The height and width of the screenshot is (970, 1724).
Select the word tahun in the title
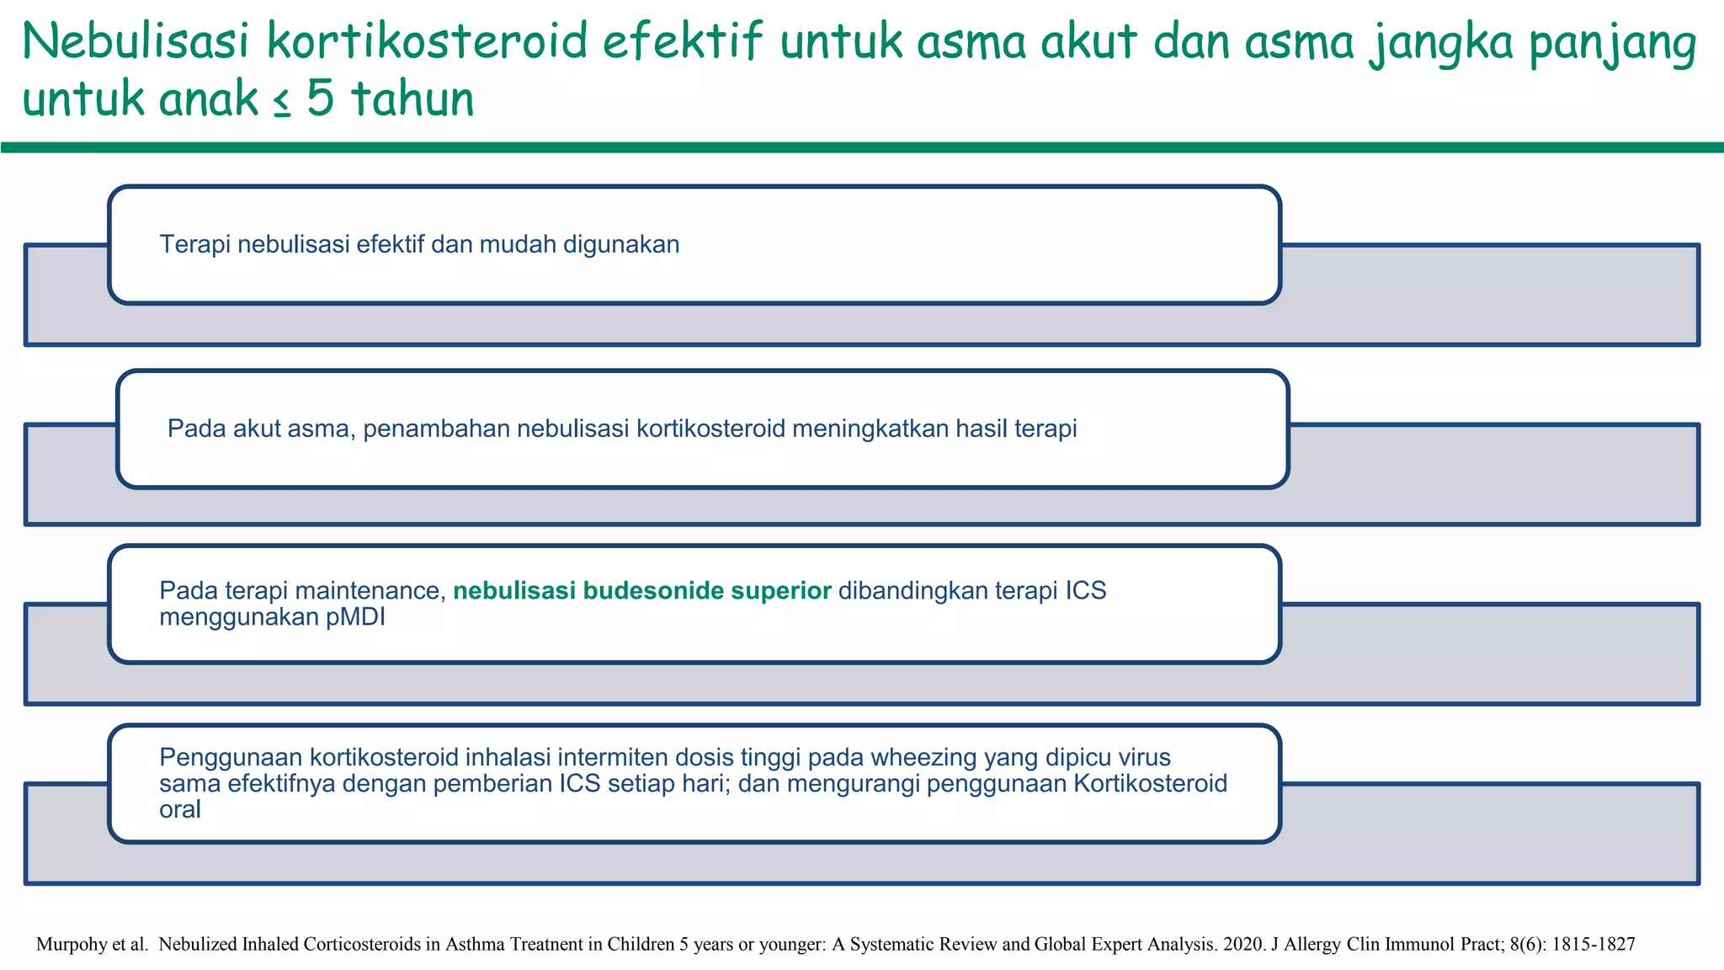pyautogui.click(x=411, y=99)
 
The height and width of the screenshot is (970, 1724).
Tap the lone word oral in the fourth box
pyautogui.click(x=180, y=810)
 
